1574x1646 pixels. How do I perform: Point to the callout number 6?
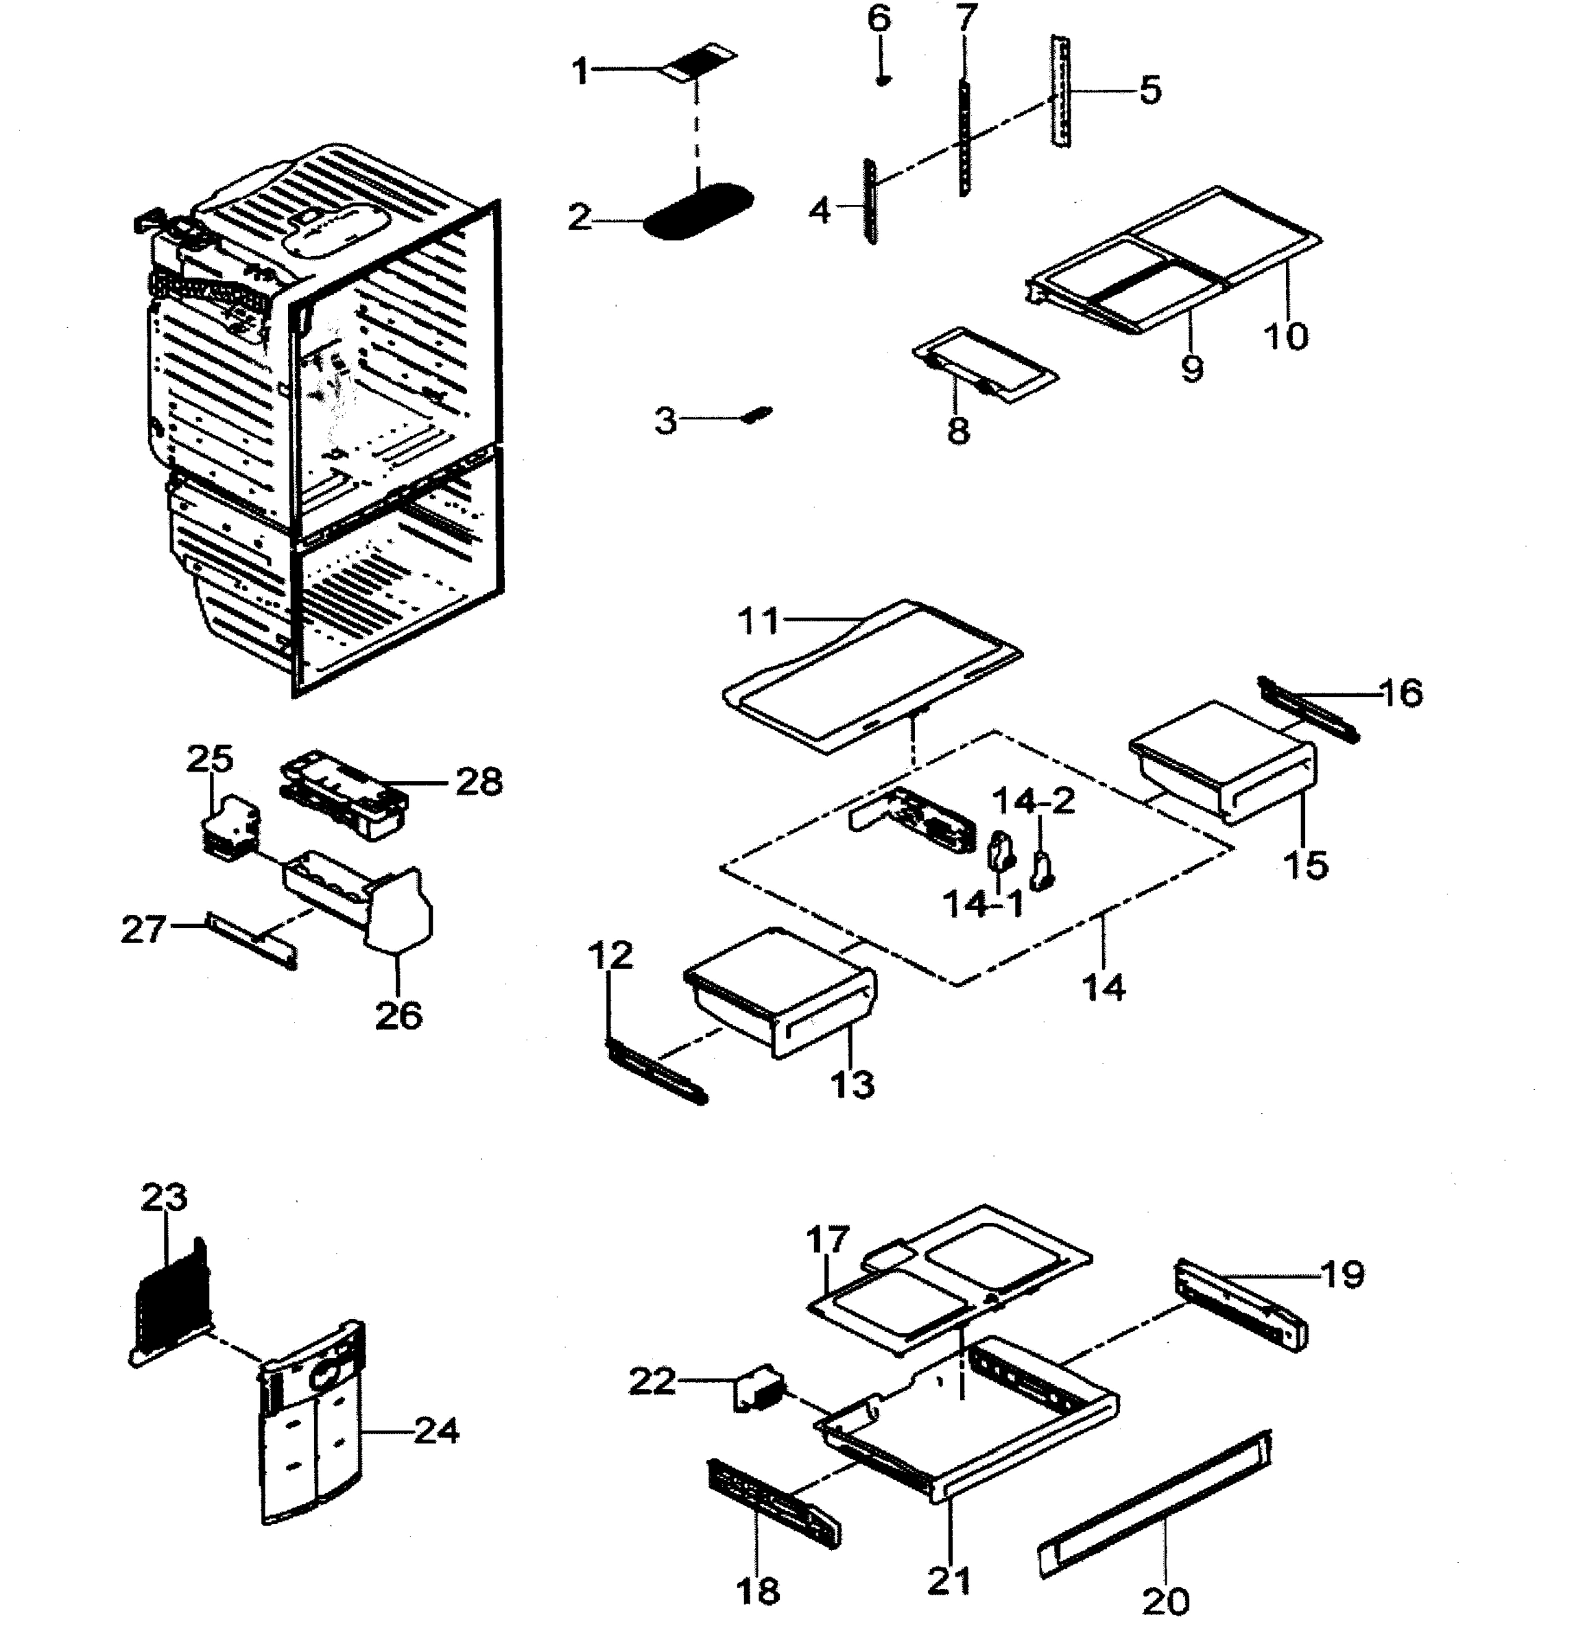coord(879,19)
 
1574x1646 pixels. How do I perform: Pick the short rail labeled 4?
coord(871,203)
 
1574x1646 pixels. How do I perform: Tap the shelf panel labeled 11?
coord(872,676)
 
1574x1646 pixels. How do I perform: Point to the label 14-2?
coord(1033,802)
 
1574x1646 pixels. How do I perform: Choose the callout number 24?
coord(436,1431)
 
